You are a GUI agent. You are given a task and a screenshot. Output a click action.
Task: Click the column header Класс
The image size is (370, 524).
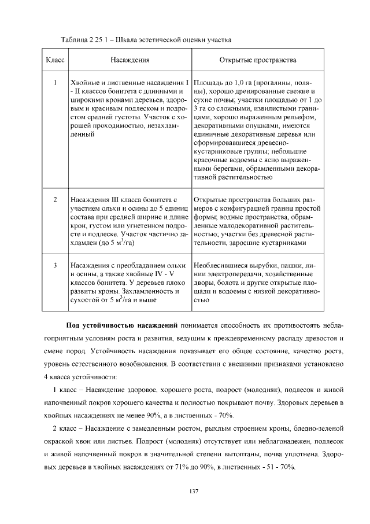pyautogui.click(x=54, y=60)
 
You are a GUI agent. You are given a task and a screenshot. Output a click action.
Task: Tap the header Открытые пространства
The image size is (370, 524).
pyautogui.click(x=257, y=60)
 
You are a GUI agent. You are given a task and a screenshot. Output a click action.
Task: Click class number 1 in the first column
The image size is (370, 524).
pyautogui.click(x=54, y=83)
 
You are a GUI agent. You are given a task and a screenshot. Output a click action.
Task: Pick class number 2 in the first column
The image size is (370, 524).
pyautogui.click(x=54, y=200)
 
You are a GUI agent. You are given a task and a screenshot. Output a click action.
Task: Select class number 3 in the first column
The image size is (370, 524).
pyautogui.click(x=54, y=265)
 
